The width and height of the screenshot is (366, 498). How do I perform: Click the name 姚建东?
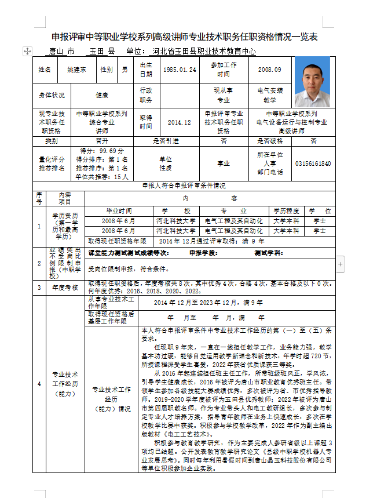point(76,70)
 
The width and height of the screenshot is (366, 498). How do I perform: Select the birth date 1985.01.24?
point(180,70)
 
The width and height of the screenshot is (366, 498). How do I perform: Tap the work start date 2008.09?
point(270,70)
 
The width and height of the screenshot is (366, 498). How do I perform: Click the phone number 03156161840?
point(313,164)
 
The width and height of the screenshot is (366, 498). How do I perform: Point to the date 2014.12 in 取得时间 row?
point(179,123)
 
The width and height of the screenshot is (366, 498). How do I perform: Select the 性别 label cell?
point(107,70)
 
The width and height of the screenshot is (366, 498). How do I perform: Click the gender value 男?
point(125,70)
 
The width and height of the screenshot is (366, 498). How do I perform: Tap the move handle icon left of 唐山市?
point(27,52)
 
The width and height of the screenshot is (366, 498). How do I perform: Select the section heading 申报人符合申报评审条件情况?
point(184,186)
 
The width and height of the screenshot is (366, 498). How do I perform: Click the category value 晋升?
point(102,141)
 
